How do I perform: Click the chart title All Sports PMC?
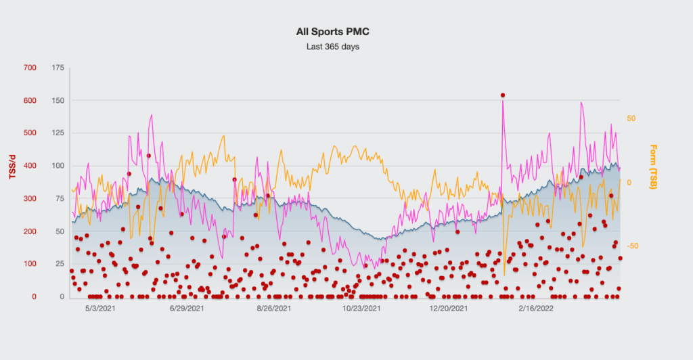coord(332,32)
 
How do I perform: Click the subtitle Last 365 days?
coord(332,47)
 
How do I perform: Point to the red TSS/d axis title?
coord(12,165)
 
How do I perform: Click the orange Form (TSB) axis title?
coord(653,166)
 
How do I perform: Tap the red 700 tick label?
coord(29,68)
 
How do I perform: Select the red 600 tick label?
coord(29,100)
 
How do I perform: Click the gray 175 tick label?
coord(57,68)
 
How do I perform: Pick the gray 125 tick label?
coord(57,133)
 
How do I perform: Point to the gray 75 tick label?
coord(59,198)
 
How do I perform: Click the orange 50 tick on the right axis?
coord(631,118)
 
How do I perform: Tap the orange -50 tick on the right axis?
coord(633,246)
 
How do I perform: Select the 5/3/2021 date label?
coord(99,309)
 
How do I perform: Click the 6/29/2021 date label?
coord(186,309)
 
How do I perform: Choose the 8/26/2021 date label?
coord(273,309)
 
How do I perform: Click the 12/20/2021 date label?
coord(448,309)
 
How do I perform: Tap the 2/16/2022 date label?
coord(535,309)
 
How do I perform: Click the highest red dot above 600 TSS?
coord(502,95)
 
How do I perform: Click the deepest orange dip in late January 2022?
coord(504,275)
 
